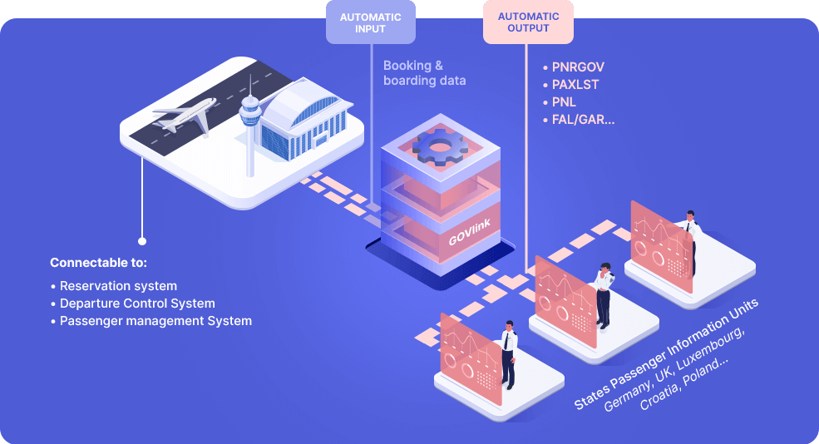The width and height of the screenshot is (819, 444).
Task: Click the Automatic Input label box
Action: tap(370, 22)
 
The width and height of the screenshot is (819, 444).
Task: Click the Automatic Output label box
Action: tap(528, 22)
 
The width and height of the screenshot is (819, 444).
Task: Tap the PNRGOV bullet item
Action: tap(575, 66)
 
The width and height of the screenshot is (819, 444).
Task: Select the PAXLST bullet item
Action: tap(575, 84)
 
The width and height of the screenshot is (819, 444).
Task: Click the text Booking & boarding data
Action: tap(424, 72)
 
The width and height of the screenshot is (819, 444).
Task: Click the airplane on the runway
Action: tap(185, 115)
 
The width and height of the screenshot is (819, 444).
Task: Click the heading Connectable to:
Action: tap(98, 263)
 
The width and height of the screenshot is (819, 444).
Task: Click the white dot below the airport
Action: tap(142, 241)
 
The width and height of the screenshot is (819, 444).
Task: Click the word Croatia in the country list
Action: tap(661, 398)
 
